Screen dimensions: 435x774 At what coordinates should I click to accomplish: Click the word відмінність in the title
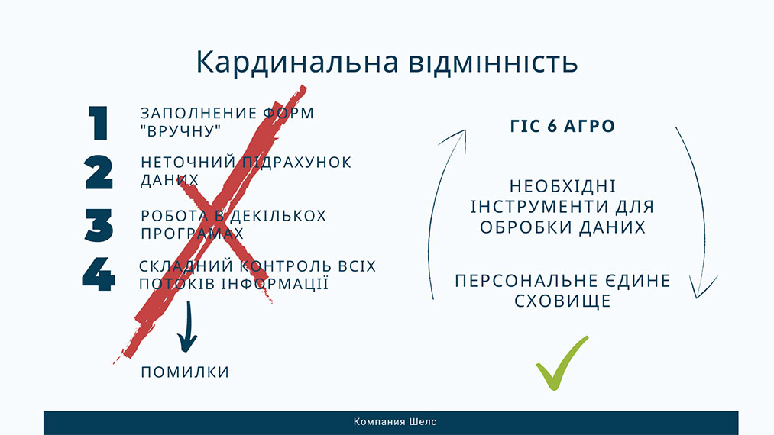(x=489, y=63)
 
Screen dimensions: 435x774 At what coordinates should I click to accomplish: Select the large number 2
(x=99, y=172)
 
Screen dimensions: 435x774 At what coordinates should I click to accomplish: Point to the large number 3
(x=99, y=225)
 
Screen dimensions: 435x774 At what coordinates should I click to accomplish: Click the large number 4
(x=99, y=275)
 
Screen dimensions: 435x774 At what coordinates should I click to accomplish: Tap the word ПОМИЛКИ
(x=185, y=372)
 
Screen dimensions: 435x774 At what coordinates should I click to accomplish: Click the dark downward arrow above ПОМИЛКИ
(x=186, y=328)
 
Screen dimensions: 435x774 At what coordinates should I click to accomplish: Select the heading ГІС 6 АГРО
(x=562, y=127)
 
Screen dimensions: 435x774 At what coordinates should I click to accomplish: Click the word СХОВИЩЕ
(x=562, y=301)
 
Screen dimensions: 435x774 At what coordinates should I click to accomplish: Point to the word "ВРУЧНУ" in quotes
(x=181, y=131)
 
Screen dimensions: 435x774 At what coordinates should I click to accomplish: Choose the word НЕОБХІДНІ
(x=562, y=187)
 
